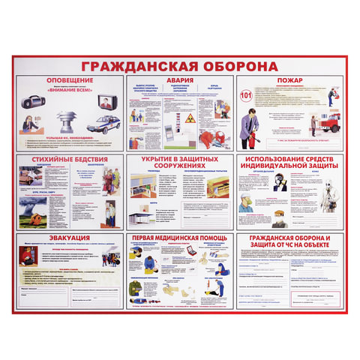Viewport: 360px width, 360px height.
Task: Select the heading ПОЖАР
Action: pos(289,80)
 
